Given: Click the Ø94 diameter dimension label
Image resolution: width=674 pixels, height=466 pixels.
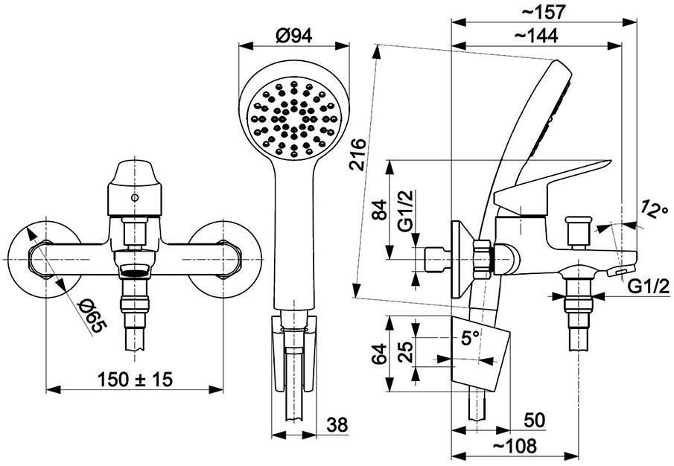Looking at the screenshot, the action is click(293, 36).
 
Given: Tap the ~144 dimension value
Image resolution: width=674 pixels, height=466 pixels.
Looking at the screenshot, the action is click(536, 36).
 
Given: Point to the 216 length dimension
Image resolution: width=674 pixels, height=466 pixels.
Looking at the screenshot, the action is click(359, 155).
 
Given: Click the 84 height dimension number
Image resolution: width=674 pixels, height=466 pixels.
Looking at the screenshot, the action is click(380, 210).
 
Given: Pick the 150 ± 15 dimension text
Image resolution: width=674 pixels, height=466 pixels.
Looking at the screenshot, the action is click(135, 379).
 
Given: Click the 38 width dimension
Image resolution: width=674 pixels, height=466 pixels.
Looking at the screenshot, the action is click(337, 425).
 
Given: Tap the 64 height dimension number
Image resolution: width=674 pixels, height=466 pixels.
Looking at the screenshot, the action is click(380, 354).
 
